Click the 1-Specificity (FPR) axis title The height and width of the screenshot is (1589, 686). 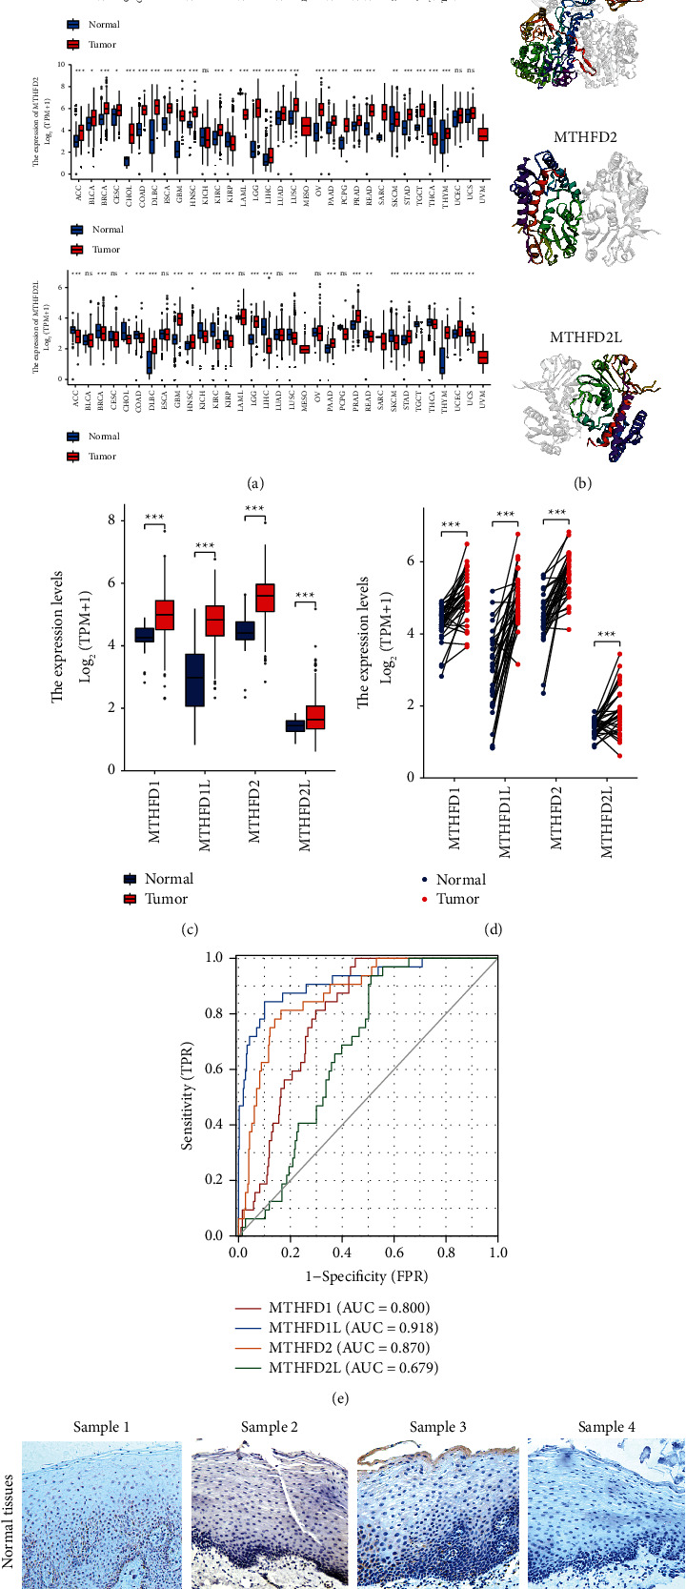[366, 1275]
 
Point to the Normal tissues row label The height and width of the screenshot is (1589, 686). [10, 1520]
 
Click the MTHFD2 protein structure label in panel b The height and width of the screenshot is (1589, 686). [585, 137]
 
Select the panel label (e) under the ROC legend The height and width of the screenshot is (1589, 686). [365, 1399]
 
